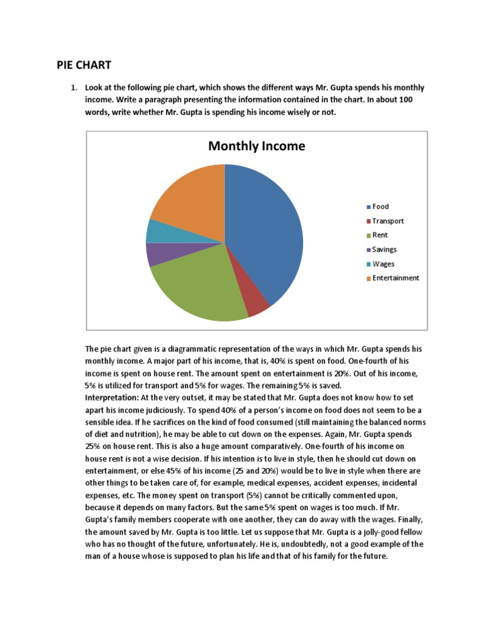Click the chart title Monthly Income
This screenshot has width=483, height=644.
click(256, 146)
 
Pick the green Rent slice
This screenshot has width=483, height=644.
click(195, 289)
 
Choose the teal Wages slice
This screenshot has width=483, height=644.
click(155, 231)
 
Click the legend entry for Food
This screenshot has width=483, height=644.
click(380, 206)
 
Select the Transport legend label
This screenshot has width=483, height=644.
click(387, 221)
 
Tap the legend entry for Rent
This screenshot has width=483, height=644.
click(380, 235)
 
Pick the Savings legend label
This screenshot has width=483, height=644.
click(384, 250)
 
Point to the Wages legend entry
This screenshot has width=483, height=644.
click(383, 264)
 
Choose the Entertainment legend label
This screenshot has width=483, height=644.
click(395, 278)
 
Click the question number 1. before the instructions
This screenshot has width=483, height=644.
click(74, 87)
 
